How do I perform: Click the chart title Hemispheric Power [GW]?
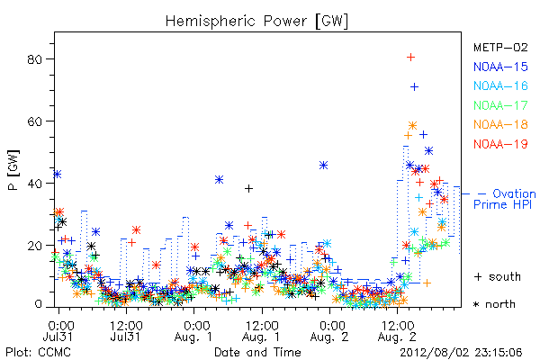256,22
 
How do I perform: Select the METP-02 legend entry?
500,47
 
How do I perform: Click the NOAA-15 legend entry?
500,67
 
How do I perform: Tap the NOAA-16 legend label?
500,85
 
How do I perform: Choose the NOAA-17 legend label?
500,105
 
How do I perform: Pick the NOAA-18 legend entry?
500,124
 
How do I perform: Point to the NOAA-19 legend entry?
500,144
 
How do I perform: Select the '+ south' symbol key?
498,276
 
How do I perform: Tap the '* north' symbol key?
494,304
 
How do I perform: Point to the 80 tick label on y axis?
34,59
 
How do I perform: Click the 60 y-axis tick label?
34,121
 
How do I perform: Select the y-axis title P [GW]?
13,170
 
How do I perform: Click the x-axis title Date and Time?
257,352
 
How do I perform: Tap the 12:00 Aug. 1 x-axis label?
261,331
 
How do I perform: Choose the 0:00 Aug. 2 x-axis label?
329,331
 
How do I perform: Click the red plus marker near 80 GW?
410,58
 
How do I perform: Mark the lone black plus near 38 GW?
248,188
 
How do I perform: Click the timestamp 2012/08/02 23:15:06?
461,353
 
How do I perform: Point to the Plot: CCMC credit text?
38,353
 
